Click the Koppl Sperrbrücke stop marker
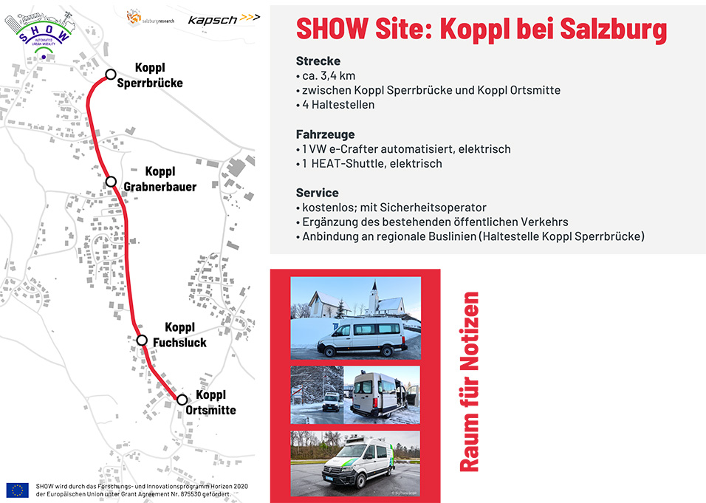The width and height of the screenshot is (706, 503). [x=111, y=75]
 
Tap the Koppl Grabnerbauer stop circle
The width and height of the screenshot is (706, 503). [x=111, y=182]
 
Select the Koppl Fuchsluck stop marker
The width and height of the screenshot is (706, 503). [x=142, y=340]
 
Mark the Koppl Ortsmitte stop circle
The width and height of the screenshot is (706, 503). [x=182, y=400]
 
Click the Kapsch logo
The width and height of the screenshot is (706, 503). [x=224, y=19]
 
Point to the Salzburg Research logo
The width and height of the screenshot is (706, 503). [x=150, y=18]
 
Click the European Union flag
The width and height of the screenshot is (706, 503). [x=18, y=490]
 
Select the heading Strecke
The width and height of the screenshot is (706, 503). [x=318, y=61]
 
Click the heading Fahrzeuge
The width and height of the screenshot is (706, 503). [x=325, y=134]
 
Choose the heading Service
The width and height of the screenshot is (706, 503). [x=317, y=193]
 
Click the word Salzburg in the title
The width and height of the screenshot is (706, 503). [x=613, y=30]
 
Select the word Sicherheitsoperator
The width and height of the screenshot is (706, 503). [x=433, y=208]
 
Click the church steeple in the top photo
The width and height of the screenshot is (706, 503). [x=374, y=296]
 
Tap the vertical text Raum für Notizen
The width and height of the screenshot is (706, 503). [x=469, y=382]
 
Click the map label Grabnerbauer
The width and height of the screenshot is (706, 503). [x=160, y=186]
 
